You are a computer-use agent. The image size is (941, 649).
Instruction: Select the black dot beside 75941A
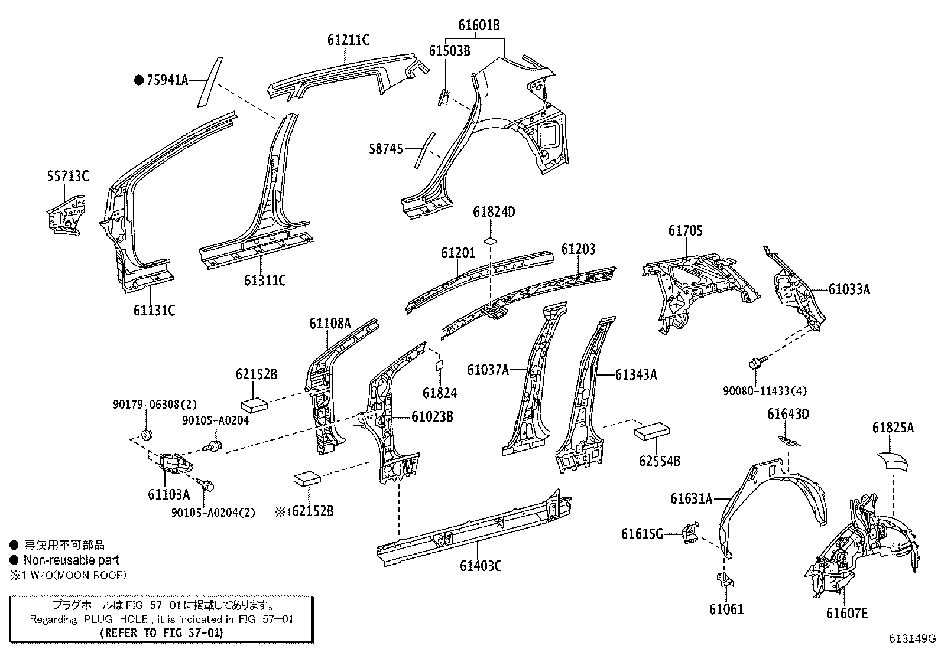tap(139, 80)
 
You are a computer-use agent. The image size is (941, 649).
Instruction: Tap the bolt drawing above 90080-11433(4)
tap(758, 362)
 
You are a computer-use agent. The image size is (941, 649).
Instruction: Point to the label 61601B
tap(479, 25)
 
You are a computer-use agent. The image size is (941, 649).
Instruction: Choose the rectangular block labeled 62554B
tap(652, 431)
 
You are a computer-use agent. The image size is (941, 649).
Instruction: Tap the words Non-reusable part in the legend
tap(71, 560)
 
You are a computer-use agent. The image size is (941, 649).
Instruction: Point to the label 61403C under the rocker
tap(481, 566)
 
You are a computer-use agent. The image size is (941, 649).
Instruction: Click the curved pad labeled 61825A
tap(893, 459)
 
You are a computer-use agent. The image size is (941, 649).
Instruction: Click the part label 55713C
tap(68, 176)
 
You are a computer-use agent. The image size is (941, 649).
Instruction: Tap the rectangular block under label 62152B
tap(255, 403)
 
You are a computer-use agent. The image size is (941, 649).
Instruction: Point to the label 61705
tap(686, 231)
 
